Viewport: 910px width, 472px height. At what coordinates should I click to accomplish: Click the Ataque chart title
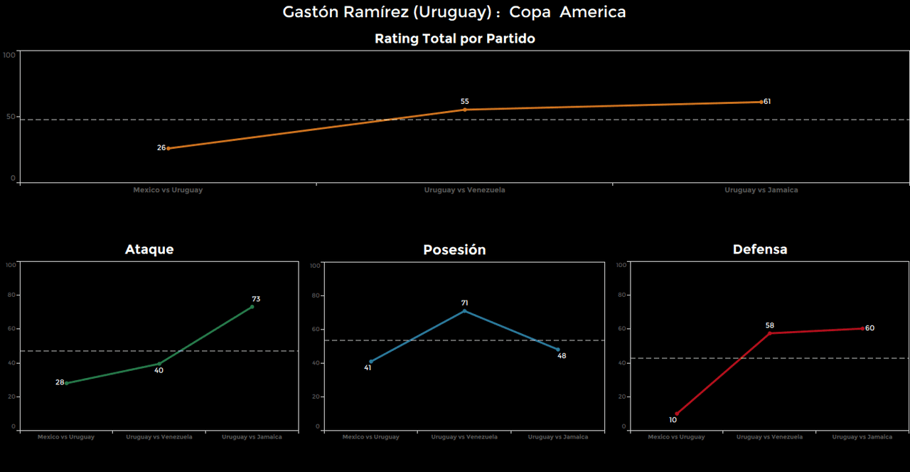pos(149,249)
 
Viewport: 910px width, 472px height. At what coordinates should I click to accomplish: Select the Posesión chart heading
pos(454,250)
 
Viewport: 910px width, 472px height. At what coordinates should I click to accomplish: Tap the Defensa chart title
pos(760,249)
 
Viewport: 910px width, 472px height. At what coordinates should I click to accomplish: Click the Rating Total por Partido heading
pos(454,39)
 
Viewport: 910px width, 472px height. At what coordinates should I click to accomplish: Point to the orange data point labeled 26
pos(168,148)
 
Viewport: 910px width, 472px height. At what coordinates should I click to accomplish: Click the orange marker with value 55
pos(465,110)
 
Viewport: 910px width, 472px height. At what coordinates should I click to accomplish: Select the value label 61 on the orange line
pos(767,102)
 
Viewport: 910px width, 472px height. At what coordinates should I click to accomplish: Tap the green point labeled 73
pos(252,307)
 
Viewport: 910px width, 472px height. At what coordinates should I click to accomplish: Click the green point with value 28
pos(66,383)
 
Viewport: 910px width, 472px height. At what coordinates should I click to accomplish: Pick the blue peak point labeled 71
pos(464,310)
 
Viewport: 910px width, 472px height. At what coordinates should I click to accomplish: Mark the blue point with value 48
pos(559,350)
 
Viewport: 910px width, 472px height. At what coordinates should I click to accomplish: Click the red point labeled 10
pos(676,414)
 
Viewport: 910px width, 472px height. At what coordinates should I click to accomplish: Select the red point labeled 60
pos(862,328)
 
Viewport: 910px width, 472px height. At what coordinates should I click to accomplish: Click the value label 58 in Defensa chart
pos(769,325)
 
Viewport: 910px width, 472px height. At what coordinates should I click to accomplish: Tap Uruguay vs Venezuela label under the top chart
pos(464,190)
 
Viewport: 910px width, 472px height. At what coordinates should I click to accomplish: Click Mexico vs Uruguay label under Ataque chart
pos(65,437)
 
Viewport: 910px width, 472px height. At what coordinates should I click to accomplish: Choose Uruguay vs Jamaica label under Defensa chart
pos(862,437)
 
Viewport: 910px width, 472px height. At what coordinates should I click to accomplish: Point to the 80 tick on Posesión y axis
pos(316,295)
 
